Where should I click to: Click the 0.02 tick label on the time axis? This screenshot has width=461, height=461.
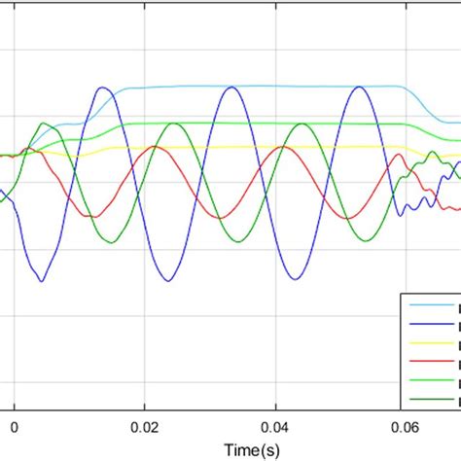(x=145, y=425)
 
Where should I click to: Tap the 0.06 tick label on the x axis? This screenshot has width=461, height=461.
(x=408, y=425)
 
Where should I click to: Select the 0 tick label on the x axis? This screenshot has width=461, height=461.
(x=14, y=425)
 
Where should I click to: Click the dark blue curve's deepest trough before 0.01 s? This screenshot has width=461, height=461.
(x=42, y=282)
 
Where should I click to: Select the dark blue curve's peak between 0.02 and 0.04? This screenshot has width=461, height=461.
(x=230, y=88)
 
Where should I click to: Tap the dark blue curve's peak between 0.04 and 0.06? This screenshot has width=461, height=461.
(x=360, y=88)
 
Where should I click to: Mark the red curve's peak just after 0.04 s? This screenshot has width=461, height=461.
(x=282, y=146)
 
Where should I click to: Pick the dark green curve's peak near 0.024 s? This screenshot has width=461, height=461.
(x=173, y=124)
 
